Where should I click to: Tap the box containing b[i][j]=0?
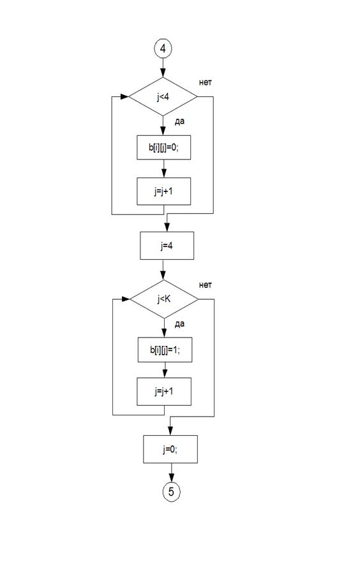coord(164,147)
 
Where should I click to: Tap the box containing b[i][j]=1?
coord(165,350)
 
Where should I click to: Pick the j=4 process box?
coord(167,246)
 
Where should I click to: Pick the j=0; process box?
coord(170,449)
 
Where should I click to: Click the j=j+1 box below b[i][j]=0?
coord(164,191)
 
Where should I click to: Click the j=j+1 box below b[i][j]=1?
coord(164,391)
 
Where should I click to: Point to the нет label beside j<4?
coord(206,82)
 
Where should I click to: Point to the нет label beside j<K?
coord(206,285)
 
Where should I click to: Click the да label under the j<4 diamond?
coord(179,122)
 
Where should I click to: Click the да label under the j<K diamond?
coord(179,324)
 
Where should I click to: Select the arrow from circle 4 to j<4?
coord(163,68)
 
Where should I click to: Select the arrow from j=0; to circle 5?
coord(171,473)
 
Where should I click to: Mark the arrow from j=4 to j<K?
coord(163,270)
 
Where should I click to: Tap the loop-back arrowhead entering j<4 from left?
coord(124,97)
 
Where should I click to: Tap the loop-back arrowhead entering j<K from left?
coord(126,299)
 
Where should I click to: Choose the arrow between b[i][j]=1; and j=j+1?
coord(165,370)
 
